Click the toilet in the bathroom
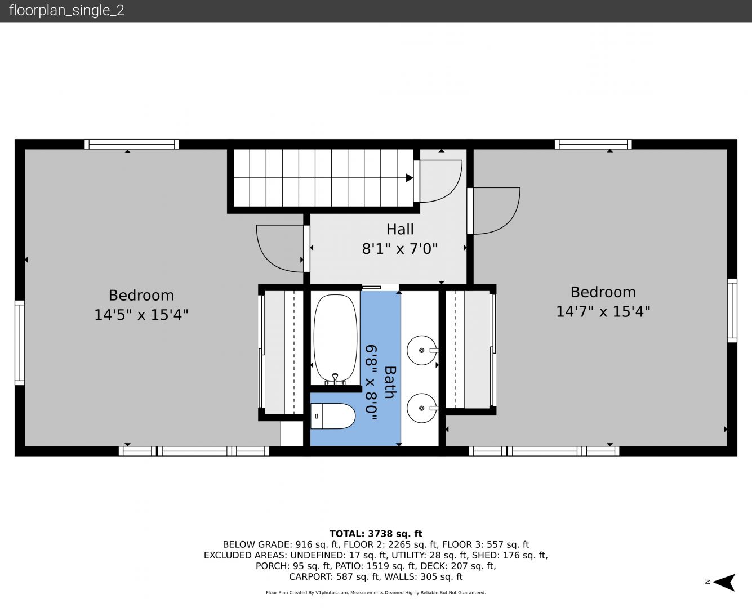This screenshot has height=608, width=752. tap(332, 416)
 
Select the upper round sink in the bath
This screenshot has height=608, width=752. tap(422, 350)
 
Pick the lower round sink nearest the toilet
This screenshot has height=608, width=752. tap(422, 408)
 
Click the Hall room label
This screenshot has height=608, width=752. tap(399, 229)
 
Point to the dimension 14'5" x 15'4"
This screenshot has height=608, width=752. tap(141, 314)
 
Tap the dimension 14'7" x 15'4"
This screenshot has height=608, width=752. tap(603, 311)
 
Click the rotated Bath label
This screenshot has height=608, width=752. tap(390, 382)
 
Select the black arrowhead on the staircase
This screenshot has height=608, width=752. tap(410, 177)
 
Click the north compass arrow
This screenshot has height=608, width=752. tap(724, 582)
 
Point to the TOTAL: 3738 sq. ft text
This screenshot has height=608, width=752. tap(376, 534)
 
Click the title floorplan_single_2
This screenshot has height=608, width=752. tap(66, 10)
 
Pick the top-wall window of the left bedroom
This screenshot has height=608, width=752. tap(132, 144)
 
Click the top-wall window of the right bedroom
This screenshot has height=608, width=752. tap(593, 144)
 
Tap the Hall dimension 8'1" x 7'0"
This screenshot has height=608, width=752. tap(399, 249)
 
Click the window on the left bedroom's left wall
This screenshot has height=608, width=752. tap(20, 343)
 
